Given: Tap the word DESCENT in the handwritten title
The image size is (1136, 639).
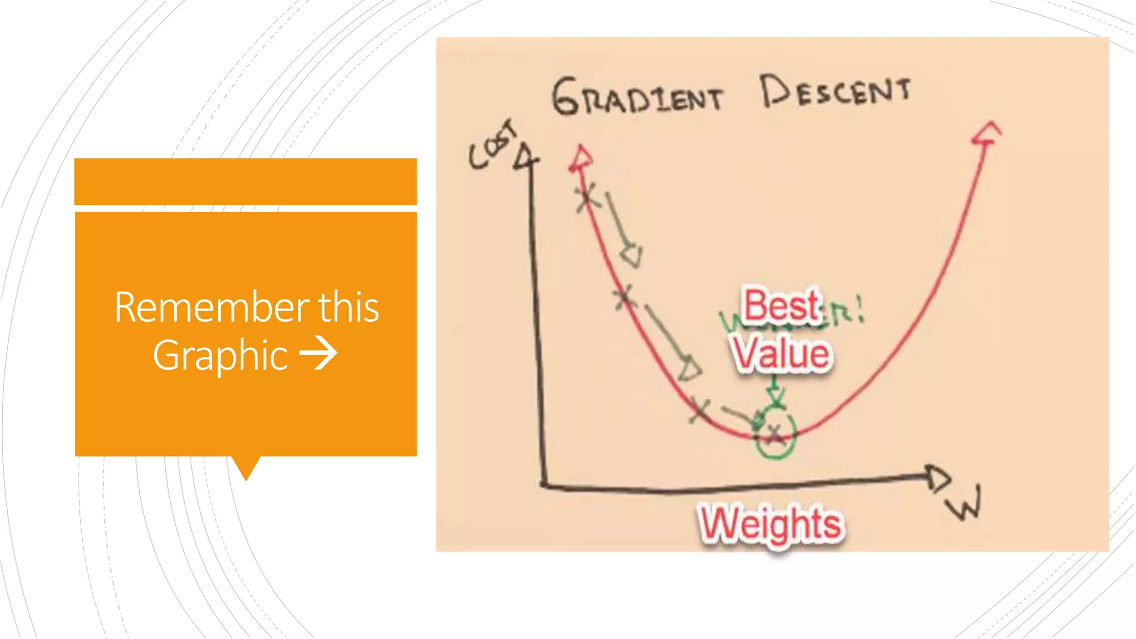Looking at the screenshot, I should pyautogui.click(x=835, y=92).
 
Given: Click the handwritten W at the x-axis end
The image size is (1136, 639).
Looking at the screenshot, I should pyautogui.click(x=965, y=503).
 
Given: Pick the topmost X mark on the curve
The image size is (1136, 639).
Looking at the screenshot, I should pyautogui.click(x=586, y=197).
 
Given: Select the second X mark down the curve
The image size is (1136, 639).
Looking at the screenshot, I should pyautogui.click(x=625, y=297).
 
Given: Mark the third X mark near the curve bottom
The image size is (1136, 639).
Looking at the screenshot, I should pyautogui.click(x=700, y=410).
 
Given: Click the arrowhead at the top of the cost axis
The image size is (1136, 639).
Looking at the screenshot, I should pyautogui.click(x=525, y=156).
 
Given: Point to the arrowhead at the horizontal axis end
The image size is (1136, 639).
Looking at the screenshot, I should pyautogui.click(x=939, y=478).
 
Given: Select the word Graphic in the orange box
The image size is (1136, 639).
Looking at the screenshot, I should pyautogui.click(x=220, y=356).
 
